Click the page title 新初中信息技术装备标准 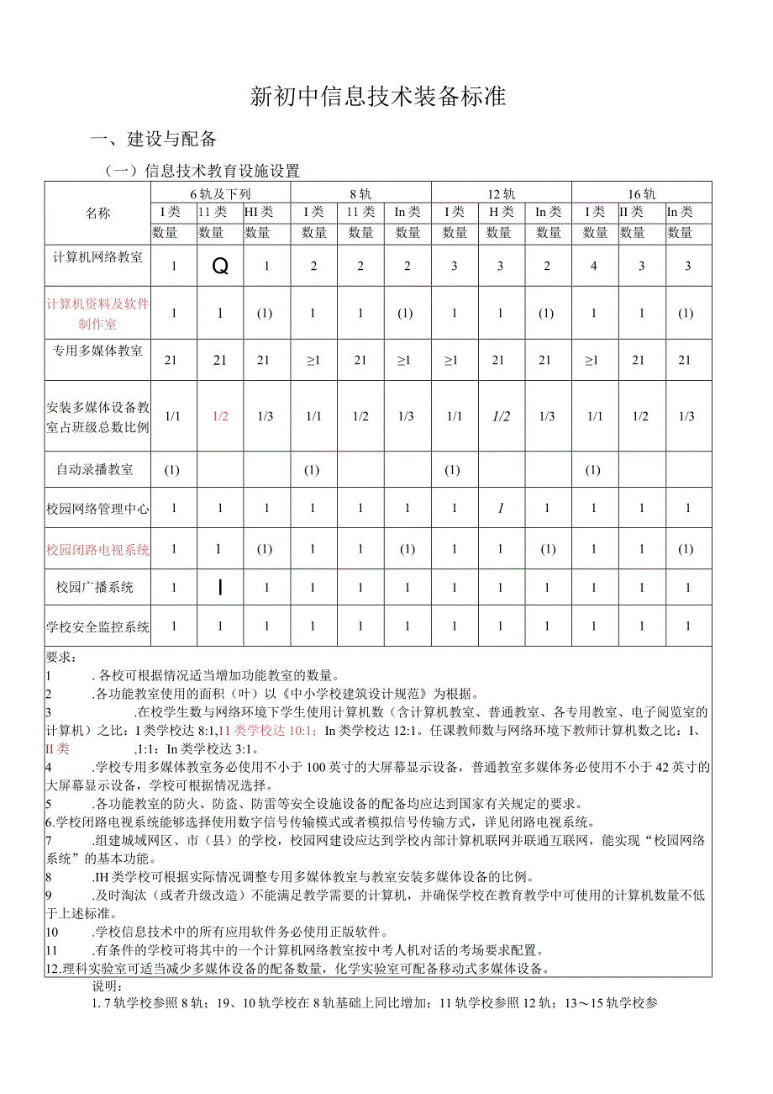[x=378, y=97]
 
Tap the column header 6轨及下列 [x=220, y=193]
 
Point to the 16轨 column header [x=641, y=193]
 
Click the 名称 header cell [x=97, y=213]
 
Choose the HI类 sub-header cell [x=258, y=212]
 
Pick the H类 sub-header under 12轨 [x=501, y=212]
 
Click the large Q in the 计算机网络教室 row [x=220, y=266]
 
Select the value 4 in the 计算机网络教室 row [x=594, y=266]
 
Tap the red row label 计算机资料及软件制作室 [x=97, y=313]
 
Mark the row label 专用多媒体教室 [x=97, y=351]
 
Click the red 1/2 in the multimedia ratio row [x=220, y=415]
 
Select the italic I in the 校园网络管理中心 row [x=501, y=508]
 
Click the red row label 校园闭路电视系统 [x=97, y=549]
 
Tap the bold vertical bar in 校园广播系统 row [x=220, y=587]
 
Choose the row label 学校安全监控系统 [x=97, y=626]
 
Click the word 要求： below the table [x=61, y=657]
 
